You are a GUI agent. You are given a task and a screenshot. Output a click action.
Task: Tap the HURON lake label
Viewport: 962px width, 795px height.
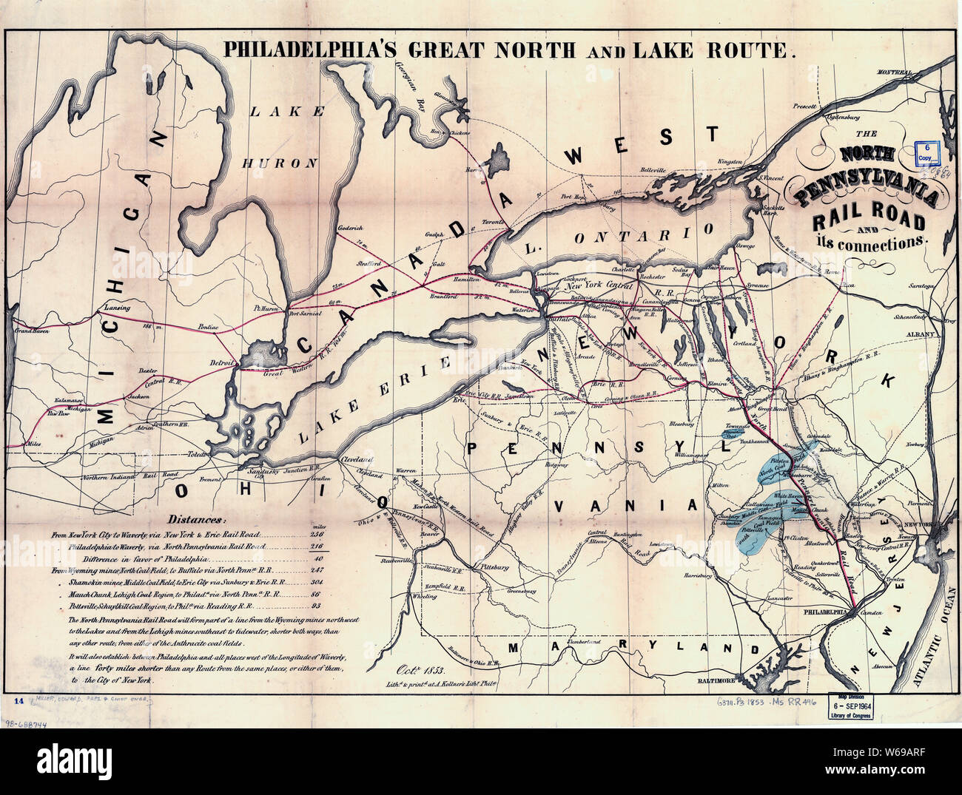click(282, 163)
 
